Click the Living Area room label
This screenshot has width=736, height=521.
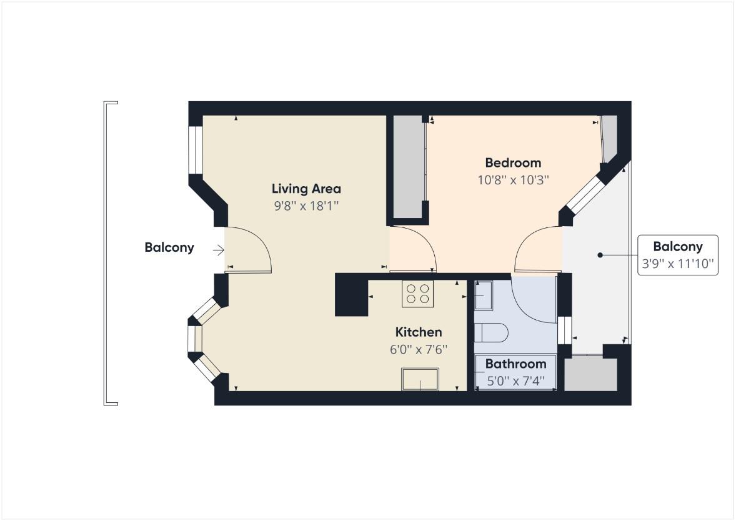pos(306,188)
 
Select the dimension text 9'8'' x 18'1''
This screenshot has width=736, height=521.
pos(306,205)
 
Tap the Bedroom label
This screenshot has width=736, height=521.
pos(513,163)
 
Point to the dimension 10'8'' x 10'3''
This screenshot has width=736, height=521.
pos(513,180)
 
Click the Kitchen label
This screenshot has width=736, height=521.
pos(419,332)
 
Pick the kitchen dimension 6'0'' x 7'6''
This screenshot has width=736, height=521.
pos(419,349)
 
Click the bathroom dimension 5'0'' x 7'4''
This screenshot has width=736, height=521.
pos(515,380)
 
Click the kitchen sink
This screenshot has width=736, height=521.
pos(420,379)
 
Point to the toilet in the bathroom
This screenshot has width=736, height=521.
pos(491,332)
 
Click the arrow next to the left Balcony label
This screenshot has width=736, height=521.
pos(218,250)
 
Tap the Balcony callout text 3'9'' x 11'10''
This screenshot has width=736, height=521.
pos(677,264)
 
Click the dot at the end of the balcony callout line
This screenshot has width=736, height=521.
pos(600,255)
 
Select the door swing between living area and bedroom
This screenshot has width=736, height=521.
pos(412,250)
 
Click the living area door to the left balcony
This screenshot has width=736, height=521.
pos(248,250)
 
